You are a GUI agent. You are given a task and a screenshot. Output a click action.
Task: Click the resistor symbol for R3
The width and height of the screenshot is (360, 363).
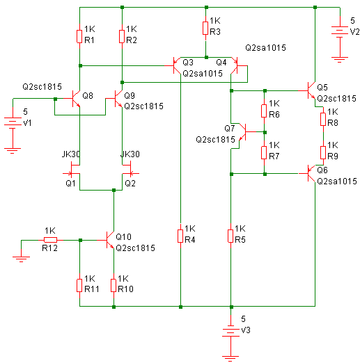point(205,29)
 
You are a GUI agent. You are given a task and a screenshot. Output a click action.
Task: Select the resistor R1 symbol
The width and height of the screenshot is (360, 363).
point(79,37)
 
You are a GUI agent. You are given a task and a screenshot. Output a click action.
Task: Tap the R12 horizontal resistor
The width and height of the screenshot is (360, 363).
point(50,240)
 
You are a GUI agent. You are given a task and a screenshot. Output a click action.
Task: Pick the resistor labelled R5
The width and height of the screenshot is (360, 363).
point(230,236)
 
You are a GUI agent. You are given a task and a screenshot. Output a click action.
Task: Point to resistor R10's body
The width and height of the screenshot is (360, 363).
point(114,286)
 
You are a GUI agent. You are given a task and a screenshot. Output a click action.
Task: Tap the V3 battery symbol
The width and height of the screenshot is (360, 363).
point(230,332)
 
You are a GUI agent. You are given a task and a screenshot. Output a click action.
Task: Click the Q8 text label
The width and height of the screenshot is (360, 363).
point(88,95)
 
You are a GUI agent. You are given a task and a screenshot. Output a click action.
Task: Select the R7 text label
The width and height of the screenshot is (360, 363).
point(274,156)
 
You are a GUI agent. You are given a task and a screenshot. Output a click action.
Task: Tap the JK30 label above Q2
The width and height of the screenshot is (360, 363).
point(130,154)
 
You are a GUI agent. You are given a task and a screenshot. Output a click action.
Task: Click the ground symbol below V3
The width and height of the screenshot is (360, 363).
point(230,357)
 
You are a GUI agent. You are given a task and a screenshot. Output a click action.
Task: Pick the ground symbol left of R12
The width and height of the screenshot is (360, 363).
point(21,259)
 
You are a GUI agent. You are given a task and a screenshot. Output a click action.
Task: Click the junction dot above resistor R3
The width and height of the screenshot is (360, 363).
point(206,7)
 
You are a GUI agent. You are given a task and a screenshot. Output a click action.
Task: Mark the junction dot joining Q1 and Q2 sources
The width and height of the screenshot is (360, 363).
point(114,190)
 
